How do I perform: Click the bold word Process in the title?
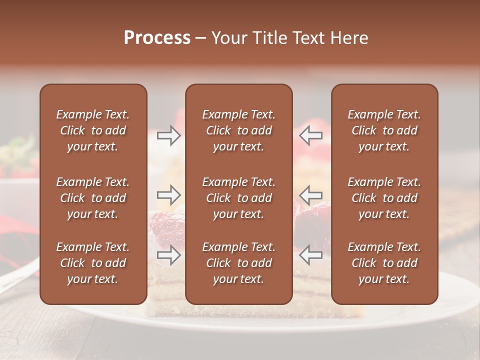click(157, 38)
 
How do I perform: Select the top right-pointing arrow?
click(168, 135)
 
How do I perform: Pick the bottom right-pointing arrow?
click(168, 255)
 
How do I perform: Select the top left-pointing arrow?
click(310, 135)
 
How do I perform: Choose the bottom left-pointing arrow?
click(310, 255)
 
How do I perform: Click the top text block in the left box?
click(93, 130)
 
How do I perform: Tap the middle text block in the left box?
click(93, 198)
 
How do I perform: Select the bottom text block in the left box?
click(93, 263)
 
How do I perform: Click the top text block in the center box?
click(239, 130)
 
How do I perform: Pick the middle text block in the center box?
click(239, 198)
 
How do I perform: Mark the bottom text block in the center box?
click(239, 263)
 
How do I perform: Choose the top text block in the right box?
click(384, 130)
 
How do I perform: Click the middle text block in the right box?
click(384, 198)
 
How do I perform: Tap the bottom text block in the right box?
click(384, 263)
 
